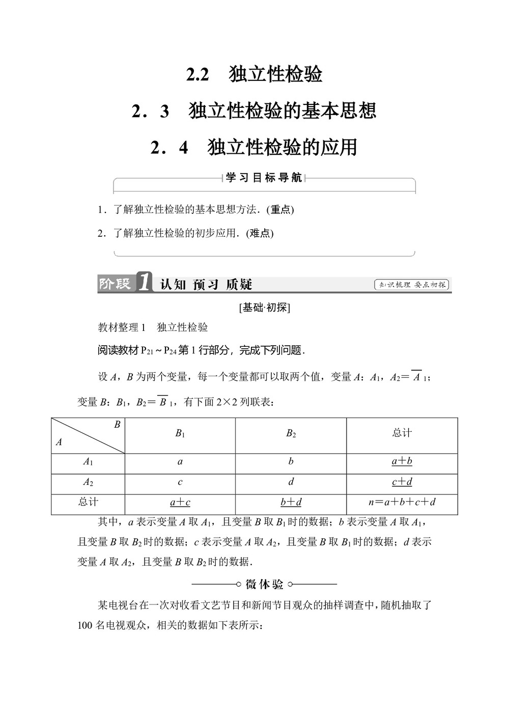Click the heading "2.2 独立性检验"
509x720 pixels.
click(x=254, y=74)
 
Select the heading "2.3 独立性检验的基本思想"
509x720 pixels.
click(x=254, y=111)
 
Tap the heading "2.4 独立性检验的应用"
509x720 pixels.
click(x=254, y=148)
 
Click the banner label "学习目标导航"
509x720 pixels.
click(x=264, y=178)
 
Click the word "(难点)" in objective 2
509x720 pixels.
click(x=260, y=233)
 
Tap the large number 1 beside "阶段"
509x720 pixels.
click(x=144, y=283)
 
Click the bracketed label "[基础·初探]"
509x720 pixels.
click(x=264, y=308)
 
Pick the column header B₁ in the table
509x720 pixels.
click(x=180, y=434)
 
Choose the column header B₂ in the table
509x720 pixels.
click(x=291, y=434)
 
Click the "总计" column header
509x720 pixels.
click(x=402, y=433)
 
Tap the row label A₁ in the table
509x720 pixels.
click(x=88, y=462)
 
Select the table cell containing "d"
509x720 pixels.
click(x=291, y=482)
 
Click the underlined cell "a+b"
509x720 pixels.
click(x=402, y=461)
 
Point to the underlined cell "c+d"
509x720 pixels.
click(x=402, y=482)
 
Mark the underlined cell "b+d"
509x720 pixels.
click(x=291, y=502)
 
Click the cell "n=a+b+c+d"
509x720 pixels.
click(x=402, y=502)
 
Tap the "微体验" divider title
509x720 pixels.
click(x=264, y=584)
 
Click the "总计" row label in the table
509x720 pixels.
click(x=88, y=502)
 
